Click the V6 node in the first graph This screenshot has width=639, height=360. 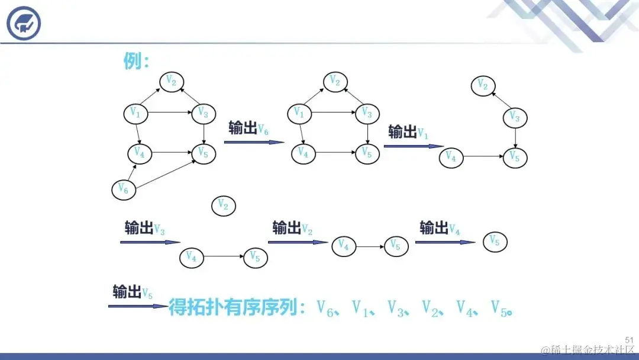pyautogui.click(x=123, y=189)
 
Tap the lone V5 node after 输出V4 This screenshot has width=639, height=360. pyautogui.click(x=495, y=242)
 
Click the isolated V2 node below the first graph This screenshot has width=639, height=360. pyautogui.click(x=223, y=205)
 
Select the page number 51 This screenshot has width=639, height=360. pyautogui.click(x=629, y=339)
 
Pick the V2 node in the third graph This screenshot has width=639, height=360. pyautogui.click(x=483, y=85)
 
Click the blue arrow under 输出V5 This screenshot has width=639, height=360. pyautogui.click(x=138, y=306)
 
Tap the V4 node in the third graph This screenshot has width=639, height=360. pyautogui.click(x=451, y=158)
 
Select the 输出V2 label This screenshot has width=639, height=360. pyautogui.click(x=292, y=228)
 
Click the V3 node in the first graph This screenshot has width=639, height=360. pyautogui.click(x=203, y=112)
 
